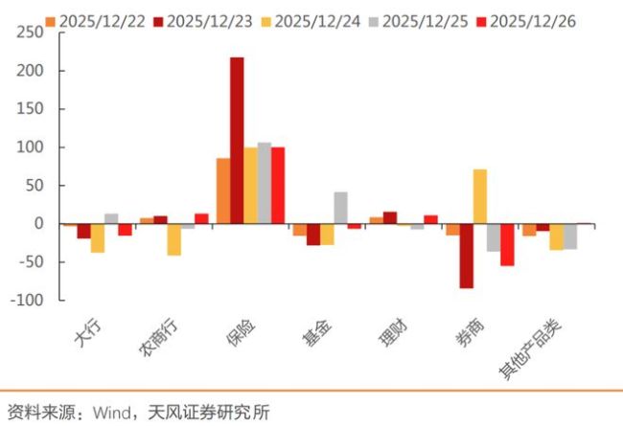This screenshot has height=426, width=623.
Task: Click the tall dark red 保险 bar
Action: pyautogui.click(x=237, y=141)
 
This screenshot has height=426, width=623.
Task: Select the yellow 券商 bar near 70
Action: pyautogui.click(x=480, y=196)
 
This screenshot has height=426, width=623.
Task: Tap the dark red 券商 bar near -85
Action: pyautogui.click(x=467, y=256)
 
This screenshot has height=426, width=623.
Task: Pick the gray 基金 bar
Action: pyautogui.click(x=340, y=208)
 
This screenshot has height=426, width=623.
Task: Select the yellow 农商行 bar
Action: pyautogui.click(x=173, y=239)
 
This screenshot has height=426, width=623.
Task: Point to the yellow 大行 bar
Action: pyautogui.click(x=98, y=237)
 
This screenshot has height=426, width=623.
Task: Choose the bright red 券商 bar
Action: pyautogui.click(x=507, y=245)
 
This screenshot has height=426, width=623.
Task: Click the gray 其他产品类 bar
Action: pyautogui.click(x=570, y=236)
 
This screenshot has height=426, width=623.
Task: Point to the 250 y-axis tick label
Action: pyautogui.click(x=31, y=32)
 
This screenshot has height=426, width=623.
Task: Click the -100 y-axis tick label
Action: pyautogui.click(x=28, y=300)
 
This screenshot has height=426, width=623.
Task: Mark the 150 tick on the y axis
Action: pyautogui.click(x=31, y=108)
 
